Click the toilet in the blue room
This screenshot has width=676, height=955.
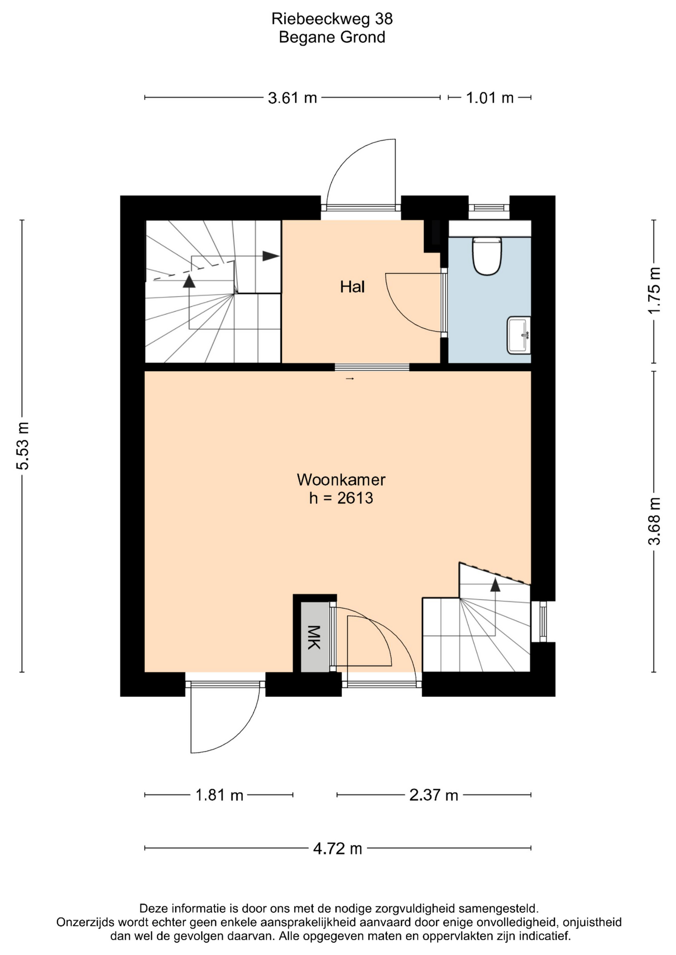point(487,256)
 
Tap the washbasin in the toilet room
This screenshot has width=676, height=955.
point(519,335)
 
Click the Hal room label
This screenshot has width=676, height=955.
point(352,286)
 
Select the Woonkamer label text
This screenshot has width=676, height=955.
point(341,479)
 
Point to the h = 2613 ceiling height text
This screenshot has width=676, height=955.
point(341,498)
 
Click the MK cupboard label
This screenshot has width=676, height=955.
point(314,637)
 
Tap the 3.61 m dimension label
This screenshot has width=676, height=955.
point(292,98)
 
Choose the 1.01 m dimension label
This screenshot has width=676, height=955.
point(490,98)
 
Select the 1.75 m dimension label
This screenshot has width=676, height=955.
point(654,290)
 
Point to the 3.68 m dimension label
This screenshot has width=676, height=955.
point(654,521)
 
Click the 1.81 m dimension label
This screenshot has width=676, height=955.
point(219,795)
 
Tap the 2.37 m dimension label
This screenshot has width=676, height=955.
point(434,795)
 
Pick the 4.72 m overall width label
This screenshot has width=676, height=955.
point(338,849)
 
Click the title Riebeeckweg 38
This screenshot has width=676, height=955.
point(332,19)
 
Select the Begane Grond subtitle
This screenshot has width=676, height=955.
point(332,37)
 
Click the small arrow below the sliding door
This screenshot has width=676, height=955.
point(350,379)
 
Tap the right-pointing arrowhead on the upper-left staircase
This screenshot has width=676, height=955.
point(271,256)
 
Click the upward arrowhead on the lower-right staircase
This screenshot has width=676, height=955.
point(495,584)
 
